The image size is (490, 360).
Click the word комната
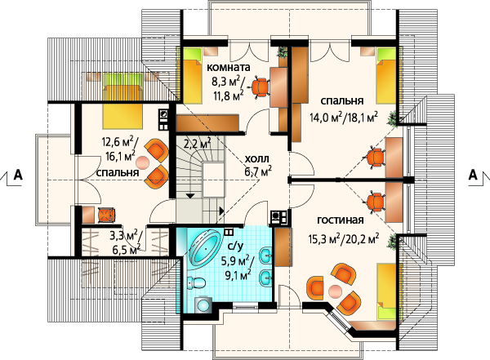229,68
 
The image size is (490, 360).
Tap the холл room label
257,159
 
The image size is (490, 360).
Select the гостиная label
341,220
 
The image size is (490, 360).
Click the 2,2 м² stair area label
197,144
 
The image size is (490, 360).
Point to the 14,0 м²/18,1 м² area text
344,118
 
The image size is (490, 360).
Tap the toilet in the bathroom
196,283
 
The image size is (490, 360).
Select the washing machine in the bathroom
203,304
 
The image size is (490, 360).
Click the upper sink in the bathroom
266,257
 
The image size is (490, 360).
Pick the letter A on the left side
18,175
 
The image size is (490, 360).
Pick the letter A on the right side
473,175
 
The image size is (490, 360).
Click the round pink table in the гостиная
336,291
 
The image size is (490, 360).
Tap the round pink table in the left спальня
143,162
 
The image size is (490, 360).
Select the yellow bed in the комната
191,75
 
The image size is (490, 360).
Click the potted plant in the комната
283,52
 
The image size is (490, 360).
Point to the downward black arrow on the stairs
190,196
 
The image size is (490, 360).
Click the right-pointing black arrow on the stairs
221,211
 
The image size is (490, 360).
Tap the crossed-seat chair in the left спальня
107,215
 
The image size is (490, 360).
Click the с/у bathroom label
235,247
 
